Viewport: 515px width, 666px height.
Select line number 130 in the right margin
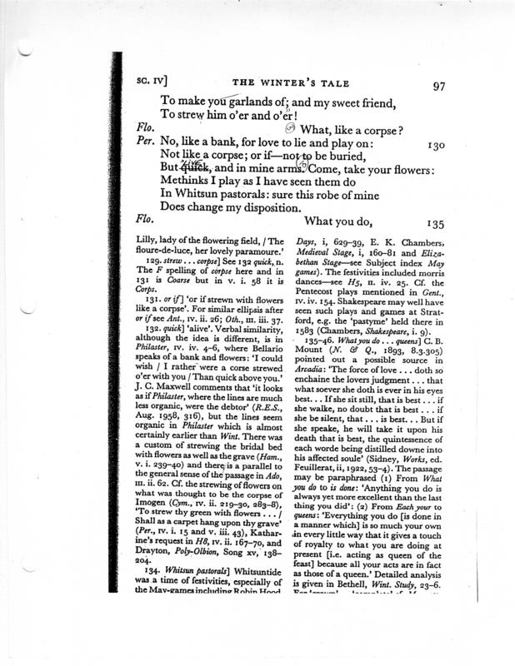438,144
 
